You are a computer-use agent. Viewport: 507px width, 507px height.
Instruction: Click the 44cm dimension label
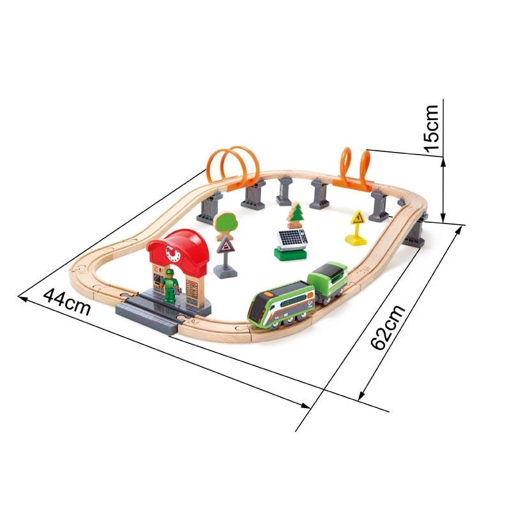point(67,302)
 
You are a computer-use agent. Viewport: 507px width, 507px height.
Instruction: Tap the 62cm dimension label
point(388,327)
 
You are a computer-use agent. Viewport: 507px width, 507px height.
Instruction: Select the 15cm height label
point(431,128)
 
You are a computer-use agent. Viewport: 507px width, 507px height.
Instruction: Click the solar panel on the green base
point(292,239)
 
